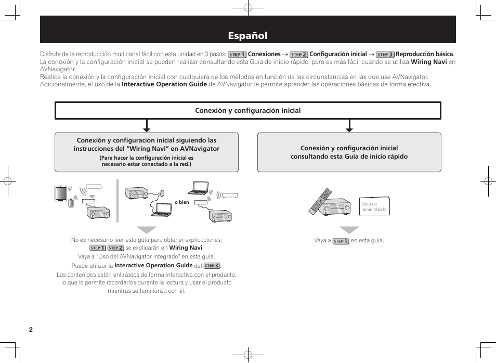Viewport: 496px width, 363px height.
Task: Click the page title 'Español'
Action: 248,36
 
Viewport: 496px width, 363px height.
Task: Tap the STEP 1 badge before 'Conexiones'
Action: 237,54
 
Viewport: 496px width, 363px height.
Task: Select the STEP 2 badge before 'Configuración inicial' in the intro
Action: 299,54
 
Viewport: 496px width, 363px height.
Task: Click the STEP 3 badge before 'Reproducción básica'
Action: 385,54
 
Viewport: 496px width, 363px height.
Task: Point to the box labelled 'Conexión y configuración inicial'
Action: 248,110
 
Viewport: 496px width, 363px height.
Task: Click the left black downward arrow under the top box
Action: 147,126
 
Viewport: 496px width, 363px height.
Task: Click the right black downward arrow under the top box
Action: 349,126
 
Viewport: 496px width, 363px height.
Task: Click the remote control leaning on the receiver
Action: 320,201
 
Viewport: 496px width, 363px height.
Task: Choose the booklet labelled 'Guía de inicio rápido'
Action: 374,206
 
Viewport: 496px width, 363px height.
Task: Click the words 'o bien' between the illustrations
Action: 182,202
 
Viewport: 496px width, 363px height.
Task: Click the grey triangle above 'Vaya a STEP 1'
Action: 349,230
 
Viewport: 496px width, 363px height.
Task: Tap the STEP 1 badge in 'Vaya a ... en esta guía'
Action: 341,241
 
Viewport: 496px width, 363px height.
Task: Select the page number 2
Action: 31,330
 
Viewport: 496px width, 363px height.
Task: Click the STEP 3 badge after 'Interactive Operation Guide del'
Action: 212,266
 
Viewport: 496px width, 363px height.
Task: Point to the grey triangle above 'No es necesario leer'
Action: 147,230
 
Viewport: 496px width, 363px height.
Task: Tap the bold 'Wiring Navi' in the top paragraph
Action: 429,62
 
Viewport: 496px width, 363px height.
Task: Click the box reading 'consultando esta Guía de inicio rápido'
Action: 349,152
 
